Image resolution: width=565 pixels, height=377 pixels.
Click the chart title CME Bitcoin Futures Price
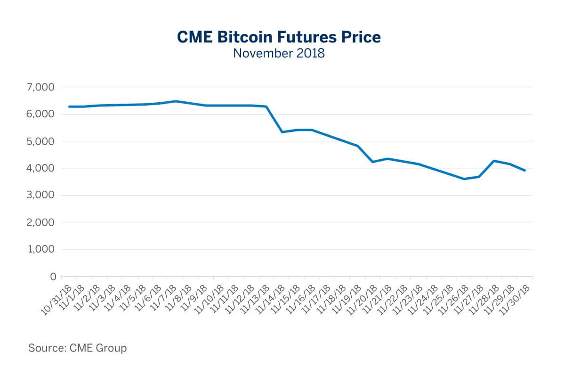tap(279, 37)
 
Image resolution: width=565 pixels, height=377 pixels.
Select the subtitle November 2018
tap(279, 53)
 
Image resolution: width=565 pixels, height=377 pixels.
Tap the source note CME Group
tap(78, 348)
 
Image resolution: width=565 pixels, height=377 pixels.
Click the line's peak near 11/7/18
tap(175, 101)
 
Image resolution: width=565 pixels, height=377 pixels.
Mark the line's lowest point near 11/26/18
tap(464, 179)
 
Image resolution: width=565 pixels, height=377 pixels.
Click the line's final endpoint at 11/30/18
tap(525, 171)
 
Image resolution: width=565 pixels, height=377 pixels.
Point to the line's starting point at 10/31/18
tap(69, 107)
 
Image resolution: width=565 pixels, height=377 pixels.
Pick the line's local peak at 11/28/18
tap(494, 161)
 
